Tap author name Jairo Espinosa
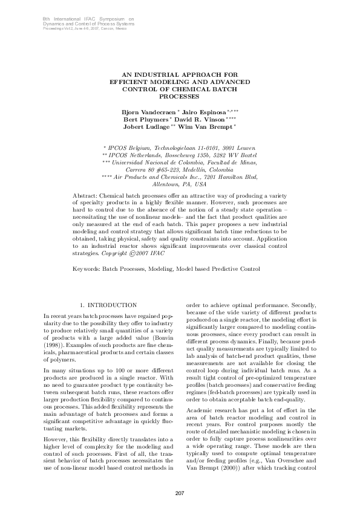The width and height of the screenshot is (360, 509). (203, 112)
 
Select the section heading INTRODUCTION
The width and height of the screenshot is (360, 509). (112, 305)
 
